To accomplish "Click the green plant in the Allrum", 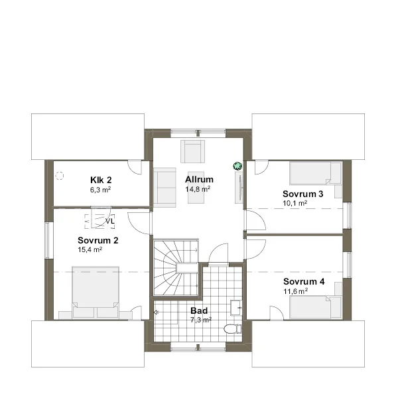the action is [x=237, y=166].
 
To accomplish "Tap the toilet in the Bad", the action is [x=233, y=329].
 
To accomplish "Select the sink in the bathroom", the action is [x=236, y=308].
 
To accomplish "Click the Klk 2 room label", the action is [x=101, y=180].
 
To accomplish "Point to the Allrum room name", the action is [x=199, y=179].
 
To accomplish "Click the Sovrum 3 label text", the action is [x=303, y=194].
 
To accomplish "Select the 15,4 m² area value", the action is [x=90, y=250].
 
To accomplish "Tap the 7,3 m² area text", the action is [x=201, y=320].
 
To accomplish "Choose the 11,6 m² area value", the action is [x=295, y=291].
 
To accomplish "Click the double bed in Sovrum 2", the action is [x=96, y=292].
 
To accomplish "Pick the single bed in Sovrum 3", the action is [x=316, y=173].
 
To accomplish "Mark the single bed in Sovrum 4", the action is [x=316, y=307].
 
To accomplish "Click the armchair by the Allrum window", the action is [x=192, y=151].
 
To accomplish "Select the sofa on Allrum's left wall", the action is [x=165, y=187].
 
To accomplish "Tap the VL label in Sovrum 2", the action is [x=110, y=221].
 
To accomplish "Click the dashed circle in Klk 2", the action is [x=60, y=176].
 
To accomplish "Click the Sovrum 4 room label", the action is [x=304, y=281].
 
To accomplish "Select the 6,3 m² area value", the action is [x=101, y=190].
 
